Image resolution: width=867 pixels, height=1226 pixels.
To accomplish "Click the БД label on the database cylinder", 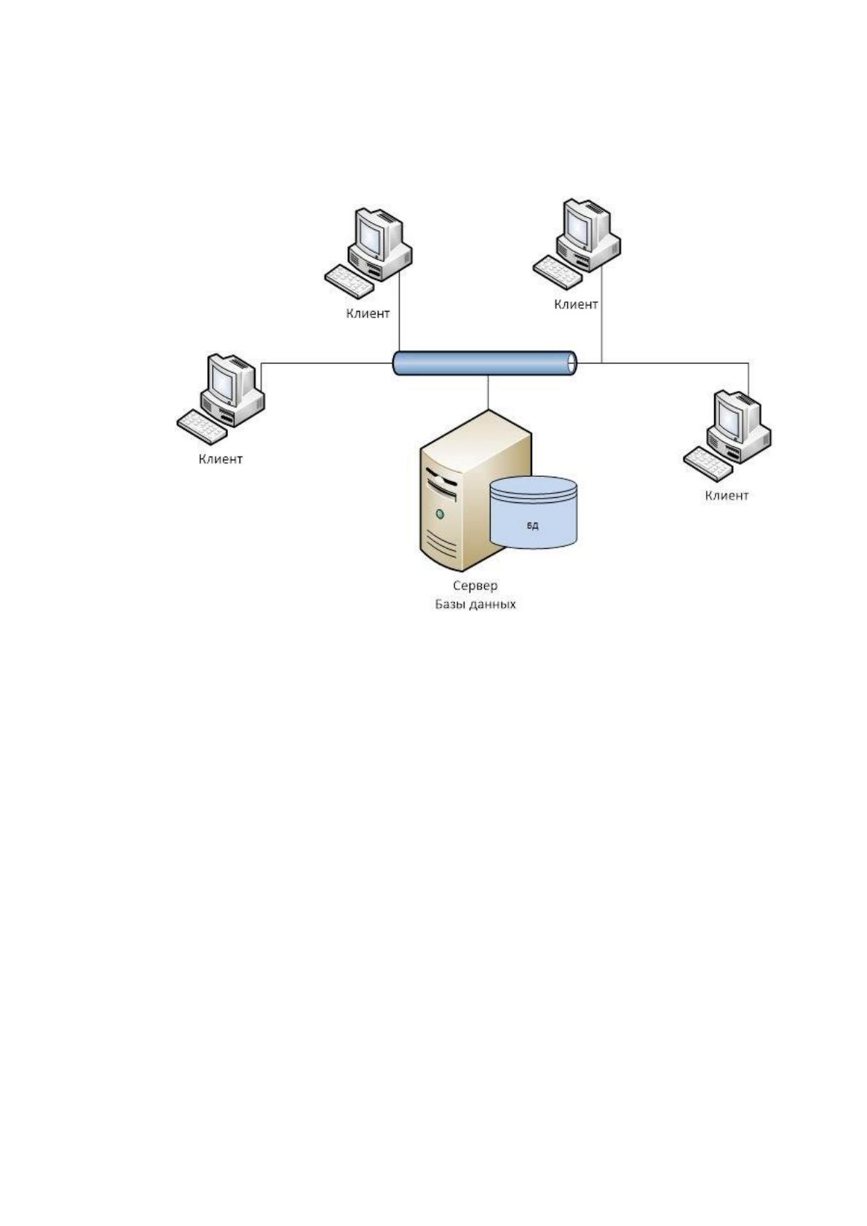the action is tap(533, 526).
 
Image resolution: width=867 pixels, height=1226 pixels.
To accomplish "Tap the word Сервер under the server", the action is tap(475, 585).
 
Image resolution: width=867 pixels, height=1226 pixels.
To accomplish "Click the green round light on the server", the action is tap(439, 514).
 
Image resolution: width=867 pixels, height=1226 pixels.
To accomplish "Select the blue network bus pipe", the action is tap(485, 363).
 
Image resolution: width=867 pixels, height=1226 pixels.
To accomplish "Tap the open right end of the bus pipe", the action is tap(572, 363).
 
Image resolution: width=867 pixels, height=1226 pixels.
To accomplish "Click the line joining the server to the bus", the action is tap(488, 392).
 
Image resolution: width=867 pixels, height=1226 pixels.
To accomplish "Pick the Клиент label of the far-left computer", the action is tap(220, 459).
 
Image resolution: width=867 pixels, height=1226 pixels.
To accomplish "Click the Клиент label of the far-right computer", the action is tap(727, 495).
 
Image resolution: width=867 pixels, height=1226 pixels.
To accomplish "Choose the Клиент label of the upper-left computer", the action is tap(368, 314).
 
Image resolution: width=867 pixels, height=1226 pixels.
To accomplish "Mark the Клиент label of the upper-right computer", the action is tap(576, 304).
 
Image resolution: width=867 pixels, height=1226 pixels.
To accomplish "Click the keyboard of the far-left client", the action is tap(202, 426).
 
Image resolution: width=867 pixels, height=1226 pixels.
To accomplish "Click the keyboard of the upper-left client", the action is tap(349, 281).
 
